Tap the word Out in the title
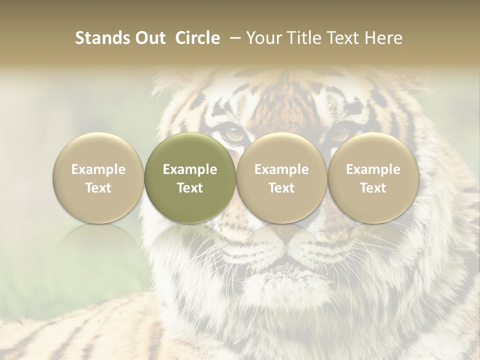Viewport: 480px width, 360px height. [x=149, y=38]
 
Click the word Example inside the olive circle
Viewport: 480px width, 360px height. [x=190, y=169]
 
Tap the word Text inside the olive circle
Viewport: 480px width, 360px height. [x=190, y=188]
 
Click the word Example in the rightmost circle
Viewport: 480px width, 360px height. [x=373, y=169]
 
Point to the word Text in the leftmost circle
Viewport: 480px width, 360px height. [x=98, y=188]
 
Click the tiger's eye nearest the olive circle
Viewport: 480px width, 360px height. [x=233, y=133]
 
